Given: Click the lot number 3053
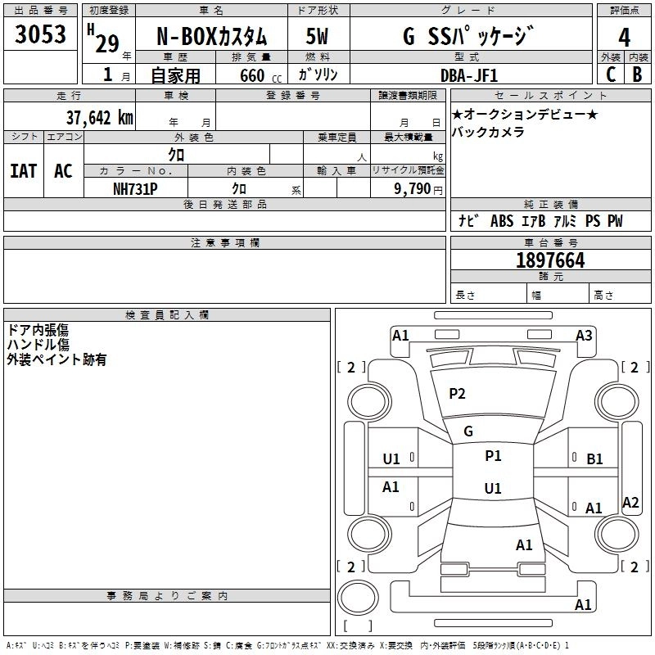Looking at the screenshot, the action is click(x=40, y=34).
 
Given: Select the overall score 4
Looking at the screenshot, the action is click(x=624, y=38).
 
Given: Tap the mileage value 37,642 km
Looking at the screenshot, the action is click(x=99, y=118).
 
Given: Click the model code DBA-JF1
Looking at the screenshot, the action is click(x=469, y=75).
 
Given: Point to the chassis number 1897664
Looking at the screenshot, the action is click(x=550, y=260).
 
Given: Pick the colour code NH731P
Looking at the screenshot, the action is click(x=135, y=189).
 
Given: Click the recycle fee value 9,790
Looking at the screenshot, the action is click(x=413, y=189).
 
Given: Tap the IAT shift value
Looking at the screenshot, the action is click(x=24, y=171).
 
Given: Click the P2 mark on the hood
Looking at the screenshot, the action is click(x=457, y=394).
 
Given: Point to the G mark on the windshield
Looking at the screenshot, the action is click(x=468, y=431).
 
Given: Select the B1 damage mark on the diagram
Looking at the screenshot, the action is click(x=594, y=459).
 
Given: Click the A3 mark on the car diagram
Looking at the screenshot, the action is click(x=584, y=336).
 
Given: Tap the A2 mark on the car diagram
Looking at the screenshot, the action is click(x=630, y=503).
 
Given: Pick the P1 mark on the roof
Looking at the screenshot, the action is click(x=493, y=456).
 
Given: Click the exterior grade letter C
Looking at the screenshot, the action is click(x=611, y=75).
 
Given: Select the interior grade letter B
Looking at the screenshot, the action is click(x=637, y=75).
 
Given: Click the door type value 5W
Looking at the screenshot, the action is click(x=317, y=37).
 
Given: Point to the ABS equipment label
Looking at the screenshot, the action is click(x=502, y=221).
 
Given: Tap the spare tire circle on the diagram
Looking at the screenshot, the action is click(x=358, y=598).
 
